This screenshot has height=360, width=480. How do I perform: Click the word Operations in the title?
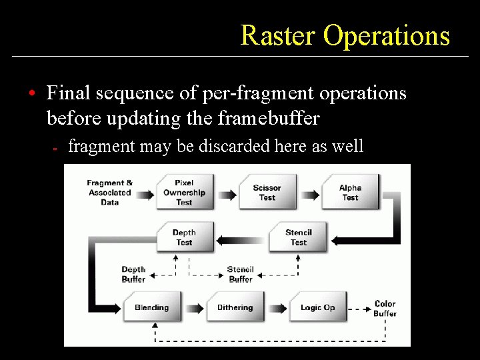point(387,35)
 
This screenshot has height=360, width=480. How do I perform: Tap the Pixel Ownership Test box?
point(185,192)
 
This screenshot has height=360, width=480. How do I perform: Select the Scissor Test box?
point(267,192)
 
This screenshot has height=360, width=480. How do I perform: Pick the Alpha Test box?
point(350,192)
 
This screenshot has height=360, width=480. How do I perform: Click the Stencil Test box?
point(298,237)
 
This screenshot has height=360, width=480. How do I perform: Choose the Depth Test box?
point(184,237)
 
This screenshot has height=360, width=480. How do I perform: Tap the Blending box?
point(152,307)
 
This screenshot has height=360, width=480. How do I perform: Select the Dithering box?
point(235,307)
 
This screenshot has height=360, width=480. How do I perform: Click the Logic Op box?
point(317,307)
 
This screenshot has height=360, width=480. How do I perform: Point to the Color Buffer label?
point(385,309)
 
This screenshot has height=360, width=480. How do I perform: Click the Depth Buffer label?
point(133,275)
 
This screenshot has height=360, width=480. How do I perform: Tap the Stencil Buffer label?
point(240,275)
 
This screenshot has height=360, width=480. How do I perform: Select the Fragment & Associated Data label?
point(110,192)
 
